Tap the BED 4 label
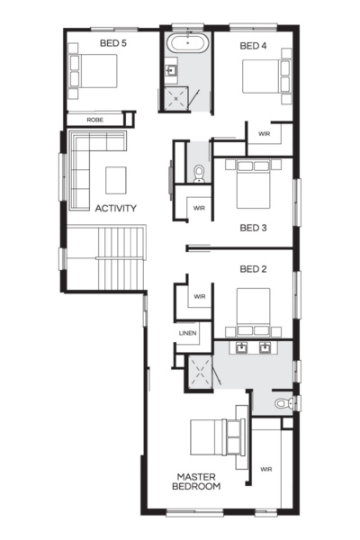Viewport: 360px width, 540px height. [x=254, y=45]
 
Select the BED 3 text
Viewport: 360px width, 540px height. [x=253, y=228]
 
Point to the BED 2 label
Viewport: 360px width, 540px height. [x=253, y=268]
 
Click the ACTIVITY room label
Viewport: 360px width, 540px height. [x=115, y=209]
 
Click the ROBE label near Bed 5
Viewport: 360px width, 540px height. [x=94, y=119]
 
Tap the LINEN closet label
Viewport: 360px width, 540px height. [x=187, y=333]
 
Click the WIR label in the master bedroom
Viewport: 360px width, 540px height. [x=266, y=469]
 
